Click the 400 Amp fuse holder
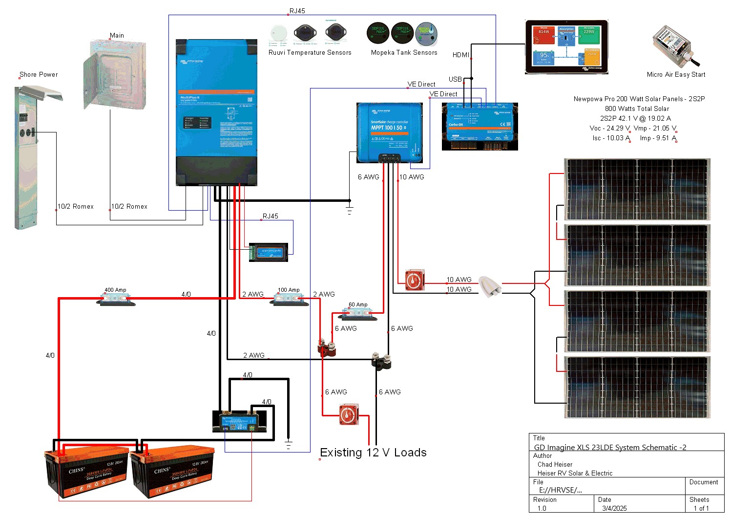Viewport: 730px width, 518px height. pos(116,299)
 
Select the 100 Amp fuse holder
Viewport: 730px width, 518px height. pos(290,299)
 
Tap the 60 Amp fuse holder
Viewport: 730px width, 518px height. pos(359,314)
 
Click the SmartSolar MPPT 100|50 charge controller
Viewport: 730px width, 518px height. pos(389,132)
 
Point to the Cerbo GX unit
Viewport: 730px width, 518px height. pos(480,127)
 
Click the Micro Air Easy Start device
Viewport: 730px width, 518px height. pos(676,46)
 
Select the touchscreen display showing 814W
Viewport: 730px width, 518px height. pos(566,47)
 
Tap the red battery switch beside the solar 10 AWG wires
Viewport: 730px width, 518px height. pos(415,280)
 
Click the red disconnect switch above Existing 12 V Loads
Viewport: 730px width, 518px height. pos(349,414)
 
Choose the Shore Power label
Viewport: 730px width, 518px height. pos(39,75)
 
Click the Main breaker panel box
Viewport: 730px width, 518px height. pos(114,75)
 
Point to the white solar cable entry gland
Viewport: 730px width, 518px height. pos(489,286)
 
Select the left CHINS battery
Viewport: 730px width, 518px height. pos(87,472)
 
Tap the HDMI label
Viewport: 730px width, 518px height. pos(460,55)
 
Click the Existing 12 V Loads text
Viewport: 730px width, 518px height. pos(373,453)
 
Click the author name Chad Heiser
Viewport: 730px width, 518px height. pos(555,464)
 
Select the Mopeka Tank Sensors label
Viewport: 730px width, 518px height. pos(404,53)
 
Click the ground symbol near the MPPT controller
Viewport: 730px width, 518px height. pos(350,210)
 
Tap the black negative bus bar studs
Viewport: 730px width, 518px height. pos(381,360)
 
